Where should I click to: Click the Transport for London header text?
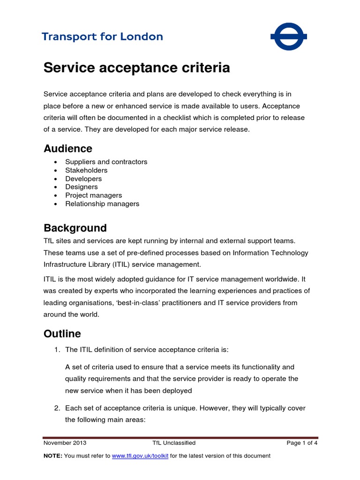point(102,37)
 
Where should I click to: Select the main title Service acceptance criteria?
point(136,68)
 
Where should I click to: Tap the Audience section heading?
point(68,149)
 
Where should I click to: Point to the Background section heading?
point(75,228)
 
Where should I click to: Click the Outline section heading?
point(62,334)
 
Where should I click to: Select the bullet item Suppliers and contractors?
point(106,162)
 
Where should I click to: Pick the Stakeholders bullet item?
point(86,170)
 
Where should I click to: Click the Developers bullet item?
point(83,179)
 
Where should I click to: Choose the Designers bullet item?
point(82,187)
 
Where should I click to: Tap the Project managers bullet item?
point(93,195)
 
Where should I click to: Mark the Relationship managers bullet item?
point(102,204)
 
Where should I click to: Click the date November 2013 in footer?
point(65,442)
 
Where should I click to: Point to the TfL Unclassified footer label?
point(174,442)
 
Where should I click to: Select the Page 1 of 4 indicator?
point(302,442)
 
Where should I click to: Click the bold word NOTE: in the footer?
point(52,456)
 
